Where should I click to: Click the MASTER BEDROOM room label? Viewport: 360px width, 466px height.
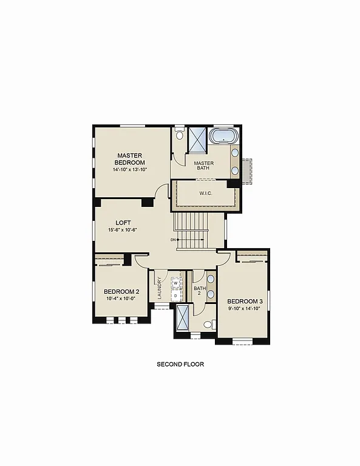point(130,159)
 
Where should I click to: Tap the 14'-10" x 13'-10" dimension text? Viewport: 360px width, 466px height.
point(130,170)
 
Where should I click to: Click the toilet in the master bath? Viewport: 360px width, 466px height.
point(179,135)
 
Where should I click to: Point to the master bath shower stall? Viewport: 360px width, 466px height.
point(197,139)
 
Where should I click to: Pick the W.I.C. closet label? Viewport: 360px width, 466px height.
point(205,194)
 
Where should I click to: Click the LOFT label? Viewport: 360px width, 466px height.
point(123,223)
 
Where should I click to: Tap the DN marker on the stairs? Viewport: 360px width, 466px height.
point(173,240)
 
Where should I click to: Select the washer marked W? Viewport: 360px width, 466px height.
point(175,283)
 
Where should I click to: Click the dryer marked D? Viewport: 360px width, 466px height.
point(175,295)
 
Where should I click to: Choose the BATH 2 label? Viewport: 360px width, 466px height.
point(198,290)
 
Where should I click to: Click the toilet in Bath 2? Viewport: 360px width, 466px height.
point(208,325)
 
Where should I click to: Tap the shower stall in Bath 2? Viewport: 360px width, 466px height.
point(182,319)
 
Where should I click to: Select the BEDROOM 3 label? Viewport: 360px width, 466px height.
point(245,301)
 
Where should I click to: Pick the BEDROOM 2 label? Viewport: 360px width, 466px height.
point(121,291)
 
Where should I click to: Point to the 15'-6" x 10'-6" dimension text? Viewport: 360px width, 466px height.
point(123,230)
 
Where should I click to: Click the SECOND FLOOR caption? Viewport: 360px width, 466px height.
point(180,365)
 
